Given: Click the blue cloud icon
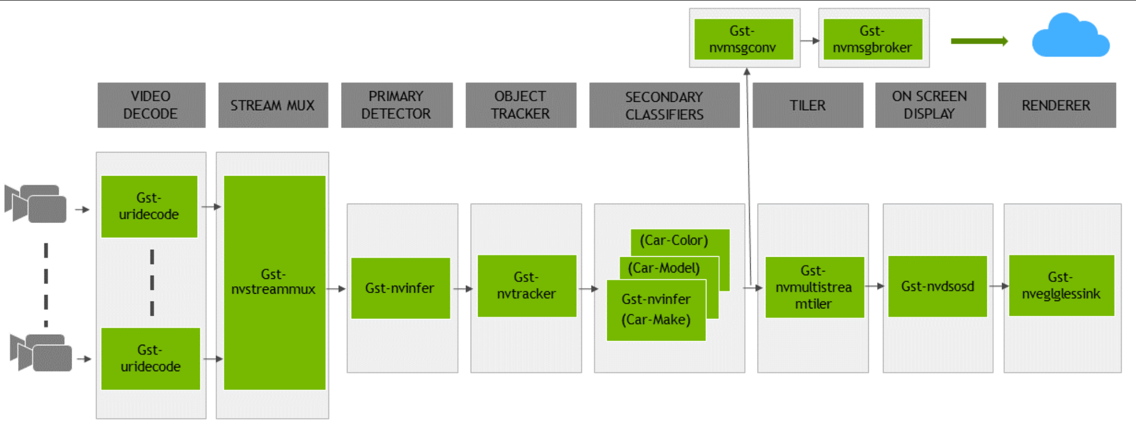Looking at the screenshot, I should click(x=1070, y=37).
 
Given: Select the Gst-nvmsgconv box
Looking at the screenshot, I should click(x=743, y=39).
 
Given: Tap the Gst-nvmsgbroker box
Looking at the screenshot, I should click(x=873, y=39).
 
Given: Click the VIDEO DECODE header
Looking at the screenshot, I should click(x=151, y=105).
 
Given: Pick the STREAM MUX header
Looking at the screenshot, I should click(x=273, y=105).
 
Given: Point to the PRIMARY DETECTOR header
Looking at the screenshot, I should click(x=396, y=105).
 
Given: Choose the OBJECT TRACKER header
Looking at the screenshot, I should click(x=521, y=105).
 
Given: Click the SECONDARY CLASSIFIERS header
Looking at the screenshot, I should click(x=664, y=105).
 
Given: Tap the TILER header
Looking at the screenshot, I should click(x=808, y=105).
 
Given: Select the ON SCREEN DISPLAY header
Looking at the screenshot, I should click(x=930, y=105).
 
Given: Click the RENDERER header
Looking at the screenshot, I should click(x=1056, y=105).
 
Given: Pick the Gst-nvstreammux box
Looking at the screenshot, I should click(x=274, y=282).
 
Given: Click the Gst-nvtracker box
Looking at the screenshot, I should click(x=527, y=286).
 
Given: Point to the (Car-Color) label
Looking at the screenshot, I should click(x=674, y=240).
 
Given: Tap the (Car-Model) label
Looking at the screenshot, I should click(x=664, y=268).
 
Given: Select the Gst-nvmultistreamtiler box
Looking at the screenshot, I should click(x=814, y=287).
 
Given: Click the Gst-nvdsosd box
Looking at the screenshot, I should click(x=937, y=286).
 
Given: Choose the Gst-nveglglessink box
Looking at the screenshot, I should click(x=1061, y=285).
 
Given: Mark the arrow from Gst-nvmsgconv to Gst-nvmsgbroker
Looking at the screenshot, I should click(x=810, y=41).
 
